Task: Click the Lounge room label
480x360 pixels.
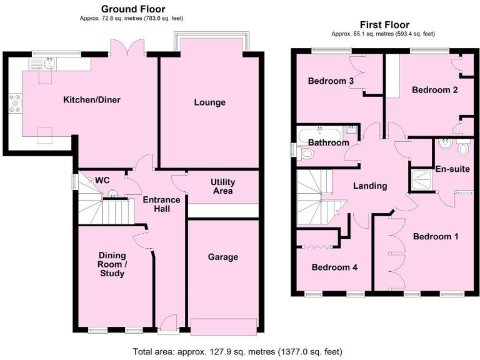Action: pyautogui.click(x=209, y=102)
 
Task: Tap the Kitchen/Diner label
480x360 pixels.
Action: pyautogui.click(x=91, y=100)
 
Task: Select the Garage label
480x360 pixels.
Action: pyautogui.click(x=223, y=257)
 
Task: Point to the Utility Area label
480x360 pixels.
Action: pyautogui.click(x=223, y=186)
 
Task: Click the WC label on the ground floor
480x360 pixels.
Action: pyautogui.click(x=102, y=180)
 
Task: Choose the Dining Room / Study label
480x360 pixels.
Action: pyautogui.click(x=112, y=264)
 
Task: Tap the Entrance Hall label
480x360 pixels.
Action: pyautogui.click(x=162, y=204)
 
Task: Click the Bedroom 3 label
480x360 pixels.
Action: pyautogui.click(x=331, y=81)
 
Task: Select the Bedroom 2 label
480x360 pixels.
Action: pyautogui.click(x=435, y=90)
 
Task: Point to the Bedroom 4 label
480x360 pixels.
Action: pyautogui.click(x=334, y=267)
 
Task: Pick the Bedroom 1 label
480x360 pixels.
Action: pyautogui.click(x=436, y=237)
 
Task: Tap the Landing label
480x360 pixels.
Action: pyautogui.click(x=370, y=186)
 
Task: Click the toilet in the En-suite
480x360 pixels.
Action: pyautogui.click(x=462, y=149)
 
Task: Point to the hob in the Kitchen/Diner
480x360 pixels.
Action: pyautogui.click(x=14, y=104)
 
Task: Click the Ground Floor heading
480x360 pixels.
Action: pyautogui.click(x=133, y=9)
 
